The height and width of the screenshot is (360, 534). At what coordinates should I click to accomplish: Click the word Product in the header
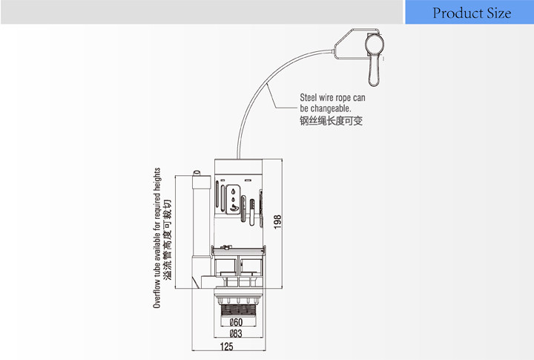point(458,13)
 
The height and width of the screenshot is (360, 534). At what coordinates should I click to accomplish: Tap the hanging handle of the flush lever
point(374,71)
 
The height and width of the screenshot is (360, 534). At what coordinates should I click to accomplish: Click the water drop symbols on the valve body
point(235,193)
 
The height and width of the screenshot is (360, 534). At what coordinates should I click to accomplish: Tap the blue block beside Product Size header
point(406,12)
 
